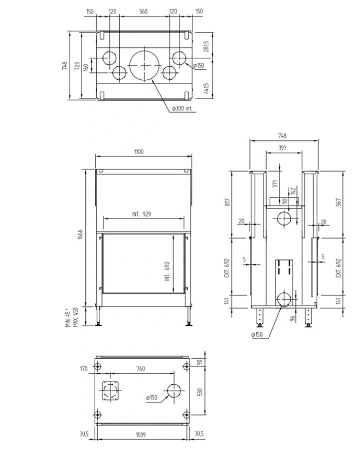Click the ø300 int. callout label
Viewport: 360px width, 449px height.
point(182,108)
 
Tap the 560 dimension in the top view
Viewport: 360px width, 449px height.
point(143,11)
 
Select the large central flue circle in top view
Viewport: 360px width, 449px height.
point(143,65)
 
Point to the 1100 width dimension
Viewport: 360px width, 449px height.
point(139,152)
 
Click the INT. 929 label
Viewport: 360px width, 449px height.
point(142,214)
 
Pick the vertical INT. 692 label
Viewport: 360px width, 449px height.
point(168,271)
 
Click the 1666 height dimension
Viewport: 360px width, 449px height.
point(80,234)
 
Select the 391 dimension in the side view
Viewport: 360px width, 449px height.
point(282,148)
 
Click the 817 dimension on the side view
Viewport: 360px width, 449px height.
point(227,202)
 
